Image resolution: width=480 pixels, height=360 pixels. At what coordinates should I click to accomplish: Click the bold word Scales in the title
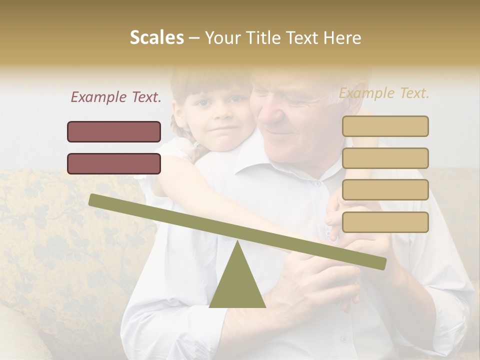pos(156,37)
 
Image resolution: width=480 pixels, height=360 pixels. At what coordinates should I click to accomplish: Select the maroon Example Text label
pos(116,97)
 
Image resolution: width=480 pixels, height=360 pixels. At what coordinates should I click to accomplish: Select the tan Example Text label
pos(384,93)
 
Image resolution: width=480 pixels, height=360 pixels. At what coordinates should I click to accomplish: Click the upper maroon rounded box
pos(114,131)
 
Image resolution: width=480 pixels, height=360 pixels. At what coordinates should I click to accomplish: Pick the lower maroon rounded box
pos(114,163)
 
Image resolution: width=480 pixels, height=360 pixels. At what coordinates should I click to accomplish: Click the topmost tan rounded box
pos(385,126)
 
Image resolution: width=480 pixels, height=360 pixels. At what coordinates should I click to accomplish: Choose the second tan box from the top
pos(385,158)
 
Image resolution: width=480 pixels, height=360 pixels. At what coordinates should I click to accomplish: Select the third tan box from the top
pos(385,189)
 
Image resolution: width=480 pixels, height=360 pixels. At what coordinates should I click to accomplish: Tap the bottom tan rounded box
pos(385,222)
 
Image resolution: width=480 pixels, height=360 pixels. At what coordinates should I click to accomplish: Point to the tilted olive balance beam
pos(237,231)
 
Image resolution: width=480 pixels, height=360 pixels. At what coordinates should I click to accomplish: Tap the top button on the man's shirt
pos(317,183)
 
